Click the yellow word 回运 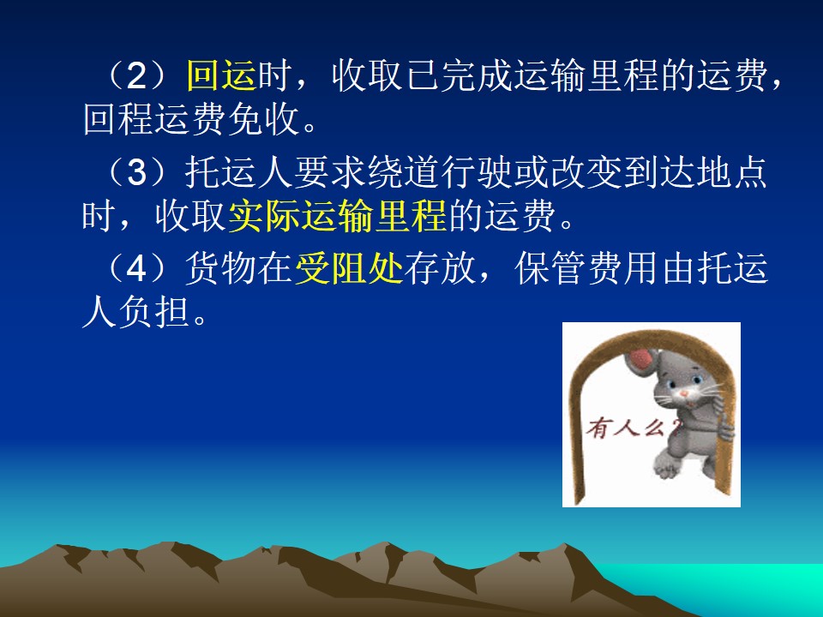tap(221, 75)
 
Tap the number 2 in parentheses tap(137, 76)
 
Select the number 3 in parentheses tap(137, 172)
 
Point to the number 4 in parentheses tap(137, 269)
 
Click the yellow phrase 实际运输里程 tap(337, 216)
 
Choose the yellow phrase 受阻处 tap(349, 269)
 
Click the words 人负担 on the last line tap(136, 314)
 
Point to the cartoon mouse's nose tap(684, 393)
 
